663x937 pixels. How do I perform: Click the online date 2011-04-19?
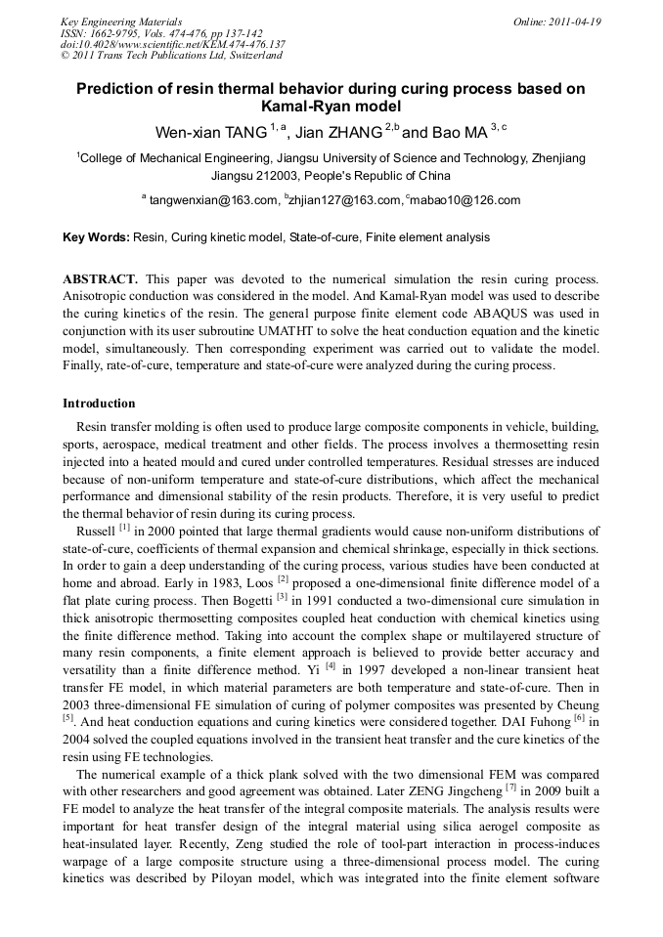575,21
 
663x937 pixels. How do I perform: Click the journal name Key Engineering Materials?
121,21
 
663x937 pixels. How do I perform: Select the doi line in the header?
173,44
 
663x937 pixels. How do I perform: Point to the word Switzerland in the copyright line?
242,56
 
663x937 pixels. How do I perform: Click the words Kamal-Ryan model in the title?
331,106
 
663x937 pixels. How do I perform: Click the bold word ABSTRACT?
100,279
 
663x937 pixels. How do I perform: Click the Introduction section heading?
99,404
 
